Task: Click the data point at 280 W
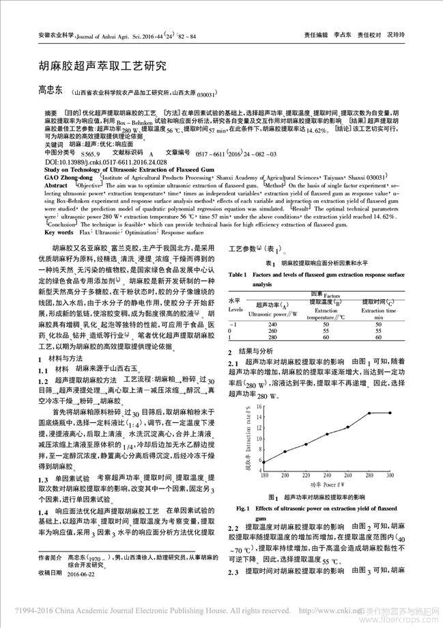(369, 413)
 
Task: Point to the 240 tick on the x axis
(327, 474)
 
